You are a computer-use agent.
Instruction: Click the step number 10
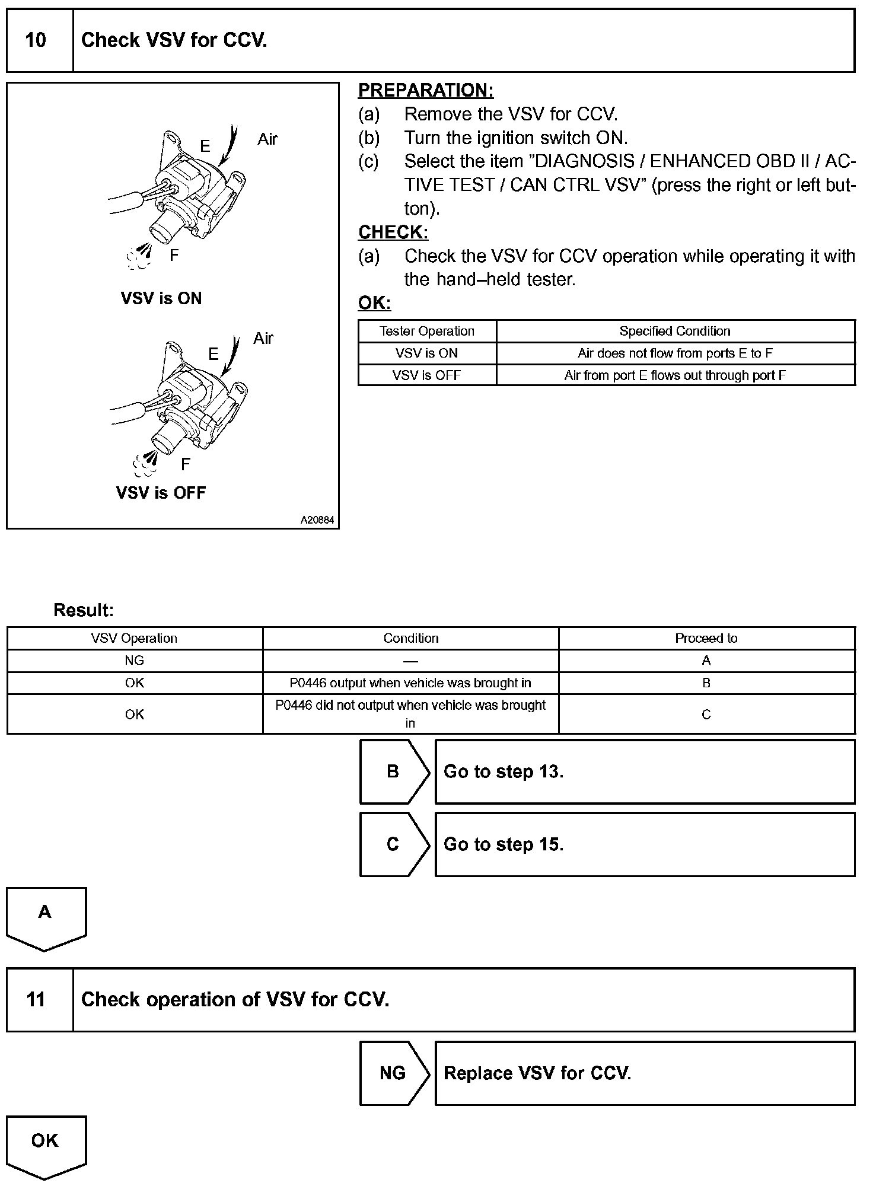click(x=36, y=40)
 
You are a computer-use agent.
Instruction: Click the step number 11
click(x=36, y=999)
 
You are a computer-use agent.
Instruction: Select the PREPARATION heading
click(x=425, y=90)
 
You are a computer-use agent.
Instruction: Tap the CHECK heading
click(x=393, y=232)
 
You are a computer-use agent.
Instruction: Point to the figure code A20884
click(x=317, y=520)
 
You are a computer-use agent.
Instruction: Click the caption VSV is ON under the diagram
click(x=161, y=298)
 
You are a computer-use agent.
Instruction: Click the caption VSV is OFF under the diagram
click(x=161, y=492)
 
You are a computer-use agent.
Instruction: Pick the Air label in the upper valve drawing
click(x=267, y=139)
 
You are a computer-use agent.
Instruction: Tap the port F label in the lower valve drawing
click(x=186, y=464)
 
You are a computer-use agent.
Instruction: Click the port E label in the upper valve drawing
click(x=205, y=146)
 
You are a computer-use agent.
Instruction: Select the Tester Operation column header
click(x=427, y=331)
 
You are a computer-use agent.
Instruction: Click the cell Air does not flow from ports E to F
click(x=675, y=353)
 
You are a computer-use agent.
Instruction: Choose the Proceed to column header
click(x=706, y=638)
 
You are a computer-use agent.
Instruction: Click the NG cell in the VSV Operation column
click(x=135, y=661)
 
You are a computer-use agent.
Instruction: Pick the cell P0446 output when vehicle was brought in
click(x=410, y=683)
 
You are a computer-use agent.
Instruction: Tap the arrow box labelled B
click(x=393, y=771)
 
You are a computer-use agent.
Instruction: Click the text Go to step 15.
click(x=504, y=844)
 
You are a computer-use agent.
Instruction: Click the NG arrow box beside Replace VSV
click(x=393, y=1073)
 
